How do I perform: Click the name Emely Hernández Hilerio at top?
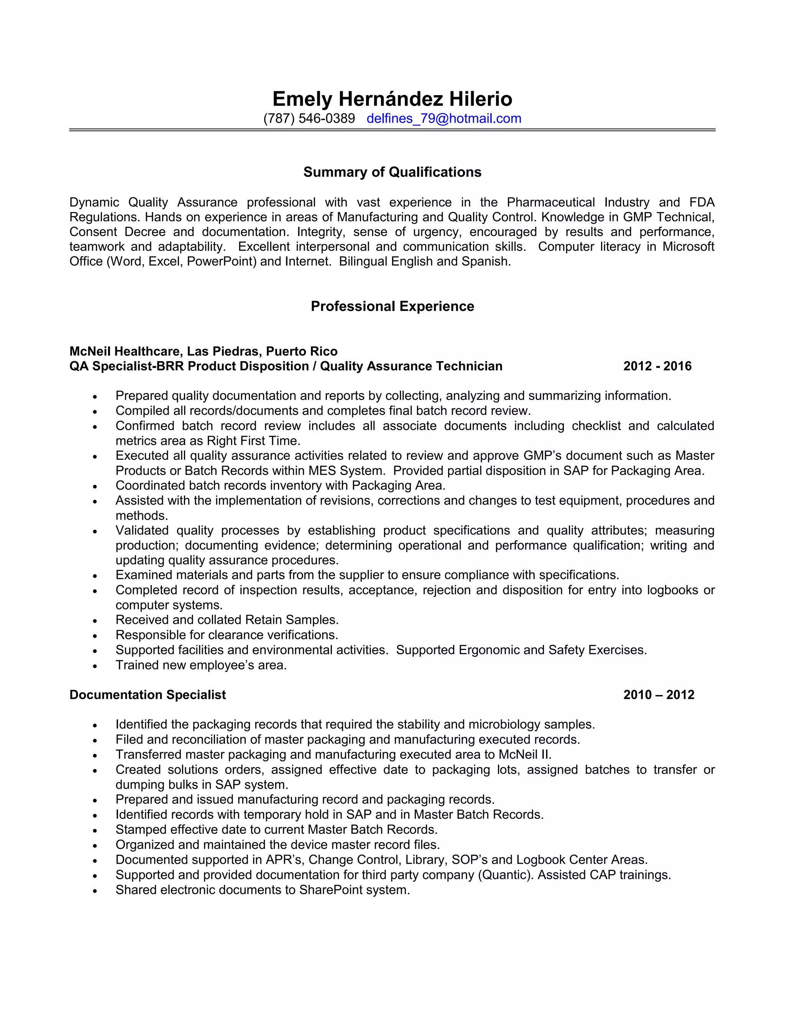[392, 99]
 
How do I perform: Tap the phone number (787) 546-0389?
[309, 118]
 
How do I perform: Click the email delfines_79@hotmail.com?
[443, 118]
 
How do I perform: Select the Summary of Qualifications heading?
[392, 172]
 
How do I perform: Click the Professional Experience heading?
[392, 306]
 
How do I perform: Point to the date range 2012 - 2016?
[657, 366]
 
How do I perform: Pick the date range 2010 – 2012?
[659, 695]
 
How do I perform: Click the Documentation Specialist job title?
[148, 695]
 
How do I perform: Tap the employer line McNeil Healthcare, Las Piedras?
[203, 351]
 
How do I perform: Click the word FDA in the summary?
[702, 202]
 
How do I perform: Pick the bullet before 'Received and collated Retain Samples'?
[95, 621]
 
